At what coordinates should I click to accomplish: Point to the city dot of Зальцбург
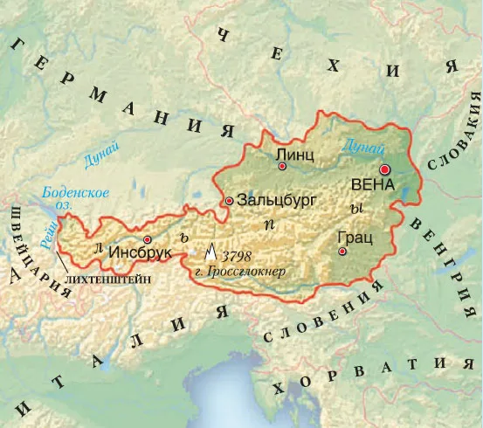(229, 200)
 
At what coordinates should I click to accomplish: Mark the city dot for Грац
(342, 252)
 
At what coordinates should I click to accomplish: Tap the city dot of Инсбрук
(148, 238)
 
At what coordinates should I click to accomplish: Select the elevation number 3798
(238, 257)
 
